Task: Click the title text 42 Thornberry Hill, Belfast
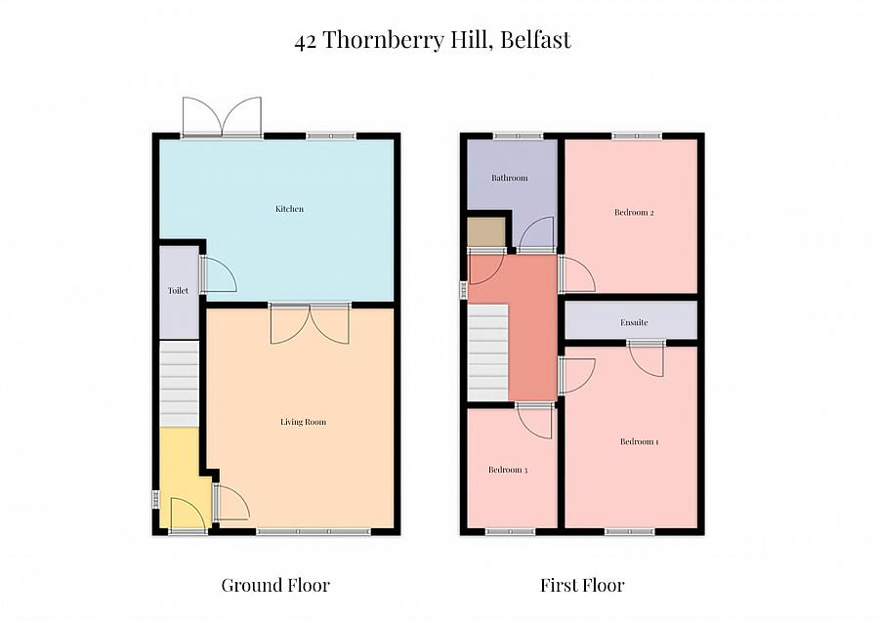pos(433,41)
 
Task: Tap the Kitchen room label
pos(289,209)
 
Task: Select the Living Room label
pos(303,422)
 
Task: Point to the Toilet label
pos(178,291)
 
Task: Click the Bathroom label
pos(509,178)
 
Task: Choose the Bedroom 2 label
pos(633,212)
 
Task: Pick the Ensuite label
pos(634,322)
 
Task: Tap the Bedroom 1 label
pos(639,441)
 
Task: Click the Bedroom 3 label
pos(508,470)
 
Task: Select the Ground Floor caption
pos(275,586)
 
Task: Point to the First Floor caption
pos(582,586)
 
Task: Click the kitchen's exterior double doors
pos(223,116)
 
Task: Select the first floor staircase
pos(488,352)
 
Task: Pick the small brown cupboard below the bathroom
pos(485,232)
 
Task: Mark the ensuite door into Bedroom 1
pos(646,357)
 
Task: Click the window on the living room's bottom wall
pos(314,531)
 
